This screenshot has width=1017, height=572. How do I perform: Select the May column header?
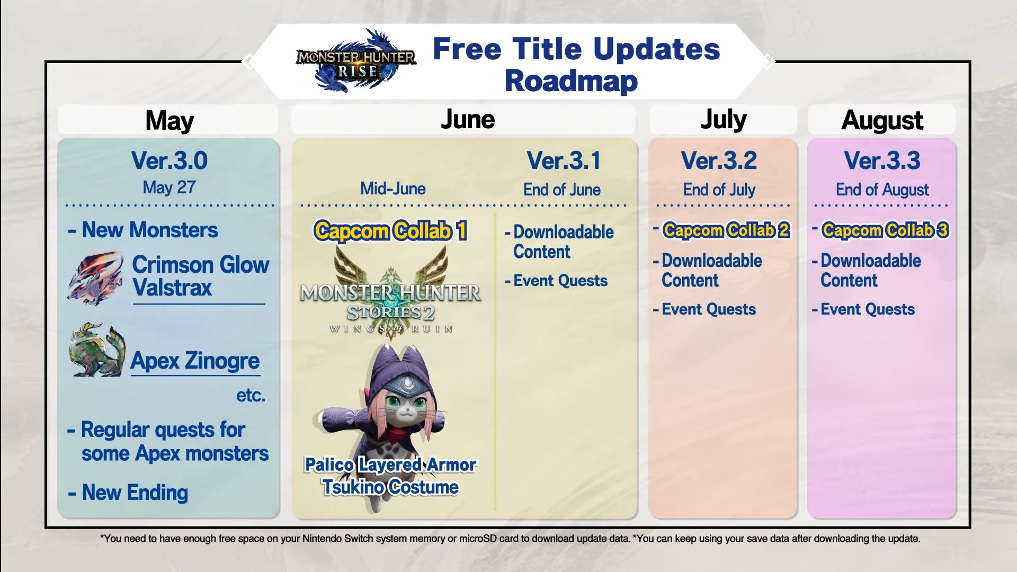coord(169,120)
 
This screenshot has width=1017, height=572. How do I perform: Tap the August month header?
coord(882,120)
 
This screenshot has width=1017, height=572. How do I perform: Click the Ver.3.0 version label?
coord(169,160)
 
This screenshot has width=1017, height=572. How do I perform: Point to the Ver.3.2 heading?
coord(719,160)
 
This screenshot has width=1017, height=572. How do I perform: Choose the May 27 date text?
coord(169,187)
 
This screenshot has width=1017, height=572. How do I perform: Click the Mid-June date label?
coord(393,189)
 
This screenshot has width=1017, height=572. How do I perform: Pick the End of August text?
coord(882,190)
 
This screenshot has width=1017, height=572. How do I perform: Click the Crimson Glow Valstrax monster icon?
coord(95,279)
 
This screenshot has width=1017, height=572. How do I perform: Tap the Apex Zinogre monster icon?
coord(97,350)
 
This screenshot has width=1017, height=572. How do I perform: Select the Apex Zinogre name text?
coord(195,361)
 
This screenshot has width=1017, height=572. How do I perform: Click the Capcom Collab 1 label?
coord(390,231)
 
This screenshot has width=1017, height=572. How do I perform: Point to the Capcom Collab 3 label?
coord(885,230)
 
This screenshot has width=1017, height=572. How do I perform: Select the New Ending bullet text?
coord(135,493)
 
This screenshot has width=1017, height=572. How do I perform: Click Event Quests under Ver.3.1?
coord(560,281)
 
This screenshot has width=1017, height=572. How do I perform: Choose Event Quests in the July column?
coord(709,309)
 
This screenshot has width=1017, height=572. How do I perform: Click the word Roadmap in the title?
coord(571,81)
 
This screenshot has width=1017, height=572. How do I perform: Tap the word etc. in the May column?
coord(251,395)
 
